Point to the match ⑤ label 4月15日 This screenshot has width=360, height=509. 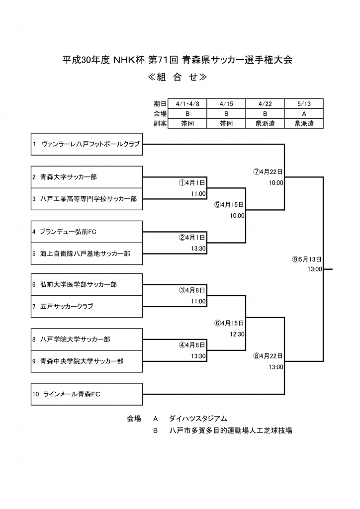point(229,205)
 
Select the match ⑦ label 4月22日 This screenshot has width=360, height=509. point(268,172)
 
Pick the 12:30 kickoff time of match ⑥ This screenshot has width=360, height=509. point(237,334)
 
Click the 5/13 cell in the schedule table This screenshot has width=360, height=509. point(304,103)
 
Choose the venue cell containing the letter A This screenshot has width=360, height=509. point(304,113)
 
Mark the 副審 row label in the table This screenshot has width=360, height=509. point(160,123)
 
